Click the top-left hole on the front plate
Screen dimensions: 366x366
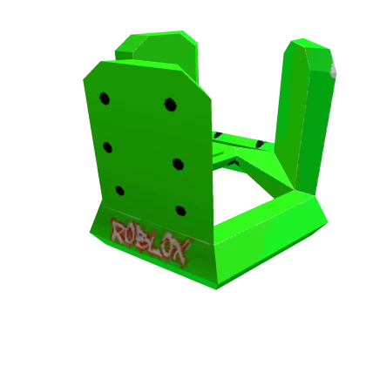click(105, 98)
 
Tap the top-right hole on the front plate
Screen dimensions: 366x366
click(170, 105)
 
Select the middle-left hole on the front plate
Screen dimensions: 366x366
click(107, 146)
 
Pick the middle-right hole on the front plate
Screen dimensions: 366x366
click(178, 164)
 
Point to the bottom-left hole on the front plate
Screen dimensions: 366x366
click(119, 190)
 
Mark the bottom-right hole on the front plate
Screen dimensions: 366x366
click(180, 210)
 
